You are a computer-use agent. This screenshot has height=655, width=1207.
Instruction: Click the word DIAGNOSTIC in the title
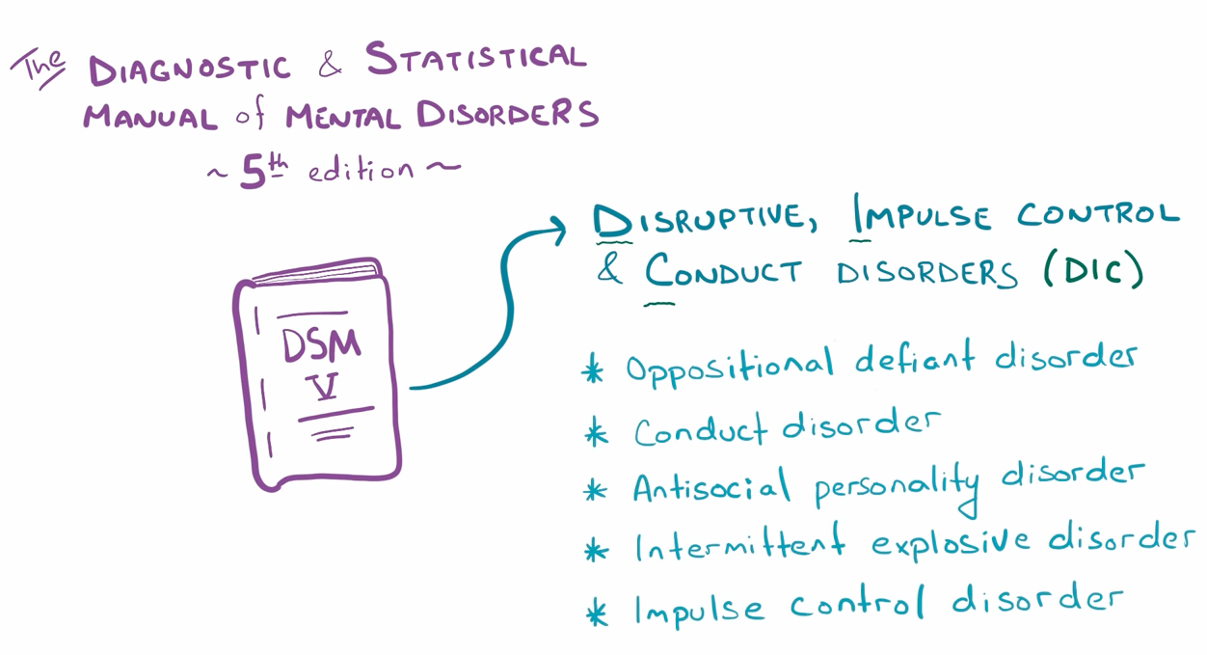188,68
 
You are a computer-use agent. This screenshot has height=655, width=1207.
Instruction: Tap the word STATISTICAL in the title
475,60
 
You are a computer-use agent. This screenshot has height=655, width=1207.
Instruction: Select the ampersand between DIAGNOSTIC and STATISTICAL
329,66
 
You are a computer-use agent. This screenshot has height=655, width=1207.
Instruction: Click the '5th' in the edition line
263,171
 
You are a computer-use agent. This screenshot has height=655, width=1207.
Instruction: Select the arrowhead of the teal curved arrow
554,229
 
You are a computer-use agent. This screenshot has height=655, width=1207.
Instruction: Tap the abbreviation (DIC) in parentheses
1092,271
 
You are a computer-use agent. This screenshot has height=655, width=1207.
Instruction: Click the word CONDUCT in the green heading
723,273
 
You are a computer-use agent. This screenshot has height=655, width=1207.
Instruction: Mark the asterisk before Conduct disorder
597,434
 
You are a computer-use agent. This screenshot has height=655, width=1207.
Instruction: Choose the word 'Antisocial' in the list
710,487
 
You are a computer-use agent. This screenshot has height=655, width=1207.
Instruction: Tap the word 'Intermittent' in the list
738,547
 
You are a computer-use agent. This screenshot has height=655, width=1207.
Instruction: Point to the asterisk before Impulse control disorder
598,612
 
